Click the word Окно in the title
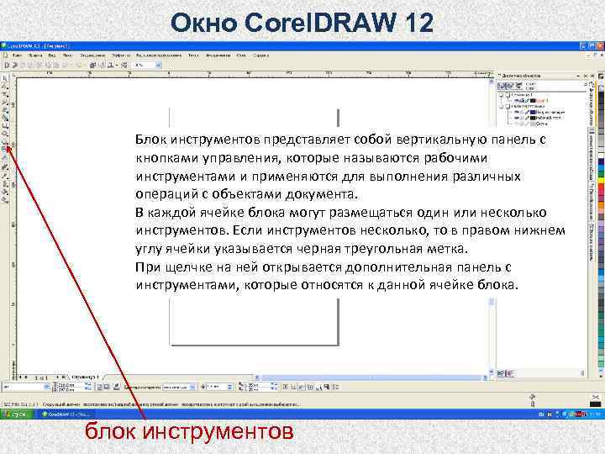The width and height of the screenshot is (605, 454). coord(203,22)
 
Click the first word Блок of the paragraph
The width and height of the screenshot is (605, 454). coord(151,140)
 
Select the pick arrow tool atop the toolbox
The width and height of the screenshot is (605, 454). coord(5,77)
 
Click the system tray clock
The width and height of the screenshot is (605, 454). coord(594,414)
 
